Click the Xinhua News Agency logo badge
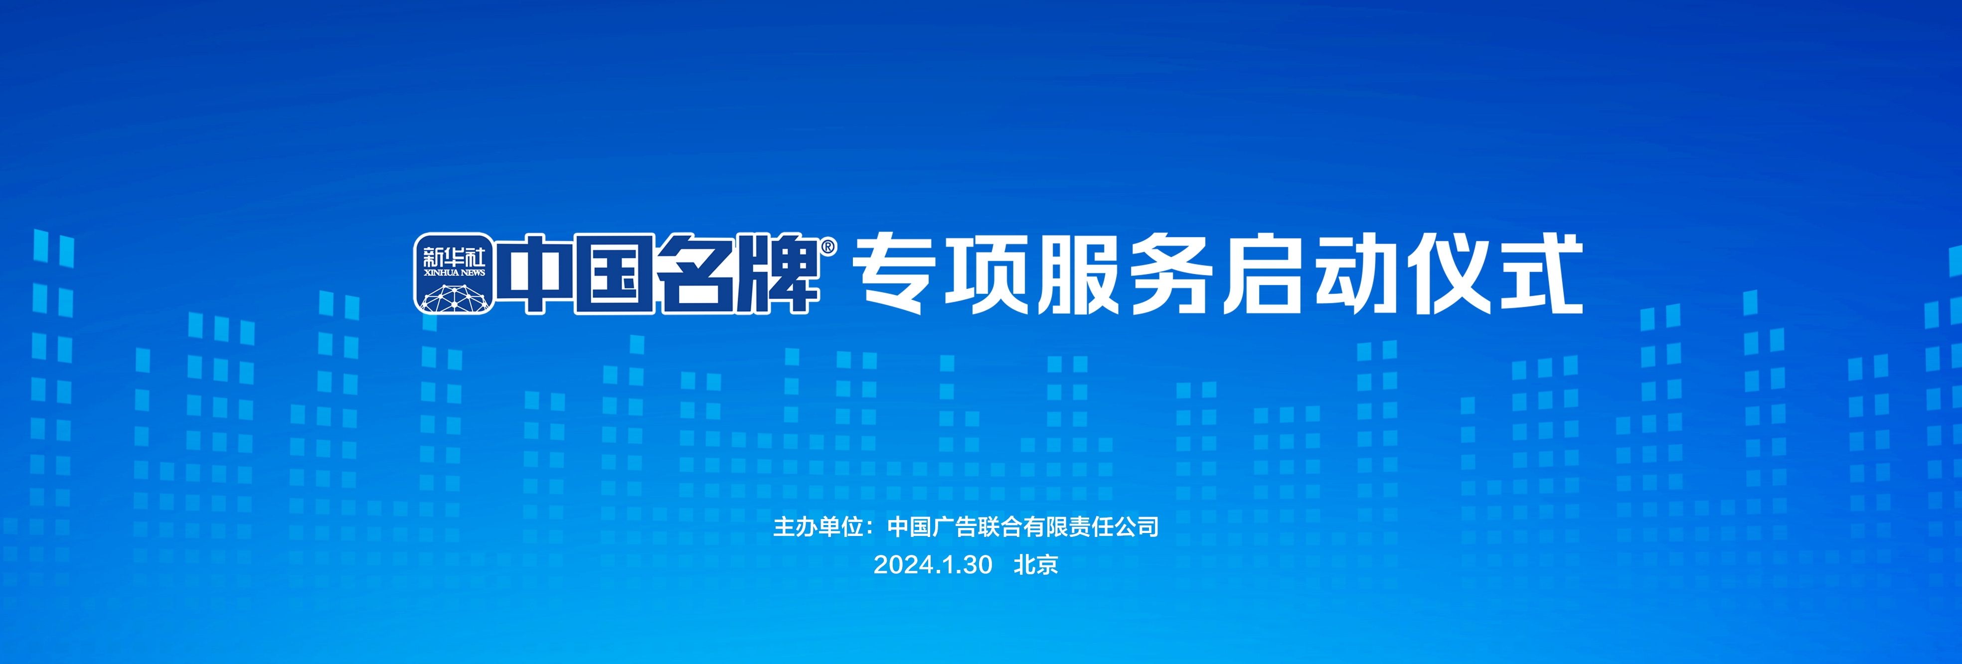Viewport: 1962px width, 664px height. coord(454,273)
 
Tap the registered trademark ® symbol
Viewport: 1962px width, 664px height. coord(828,247)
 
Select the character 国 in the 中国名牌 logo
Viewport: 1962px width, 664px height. coord(613,274)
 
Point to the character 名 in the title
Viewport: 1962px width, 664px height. coord(698,274)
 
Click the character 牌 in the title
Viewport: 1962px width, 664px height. coord(779,274)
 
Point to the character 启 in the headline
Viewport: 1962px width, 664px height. coord(1264,274)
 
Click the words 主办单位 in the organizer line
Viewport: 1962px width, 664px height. coord(818,526)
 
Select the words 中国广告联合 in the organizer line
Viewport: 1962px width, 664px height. coord(955,526)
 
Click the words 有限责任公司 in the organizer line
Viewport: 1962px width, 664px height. coord(1091,526)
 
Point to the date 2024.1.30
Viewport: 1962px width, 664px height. coord(933,565)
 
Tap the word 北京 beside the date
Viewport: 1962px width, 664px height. coord(1036,565)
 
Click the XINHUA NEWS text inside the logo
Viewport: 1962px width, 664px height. coord(454,272)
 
